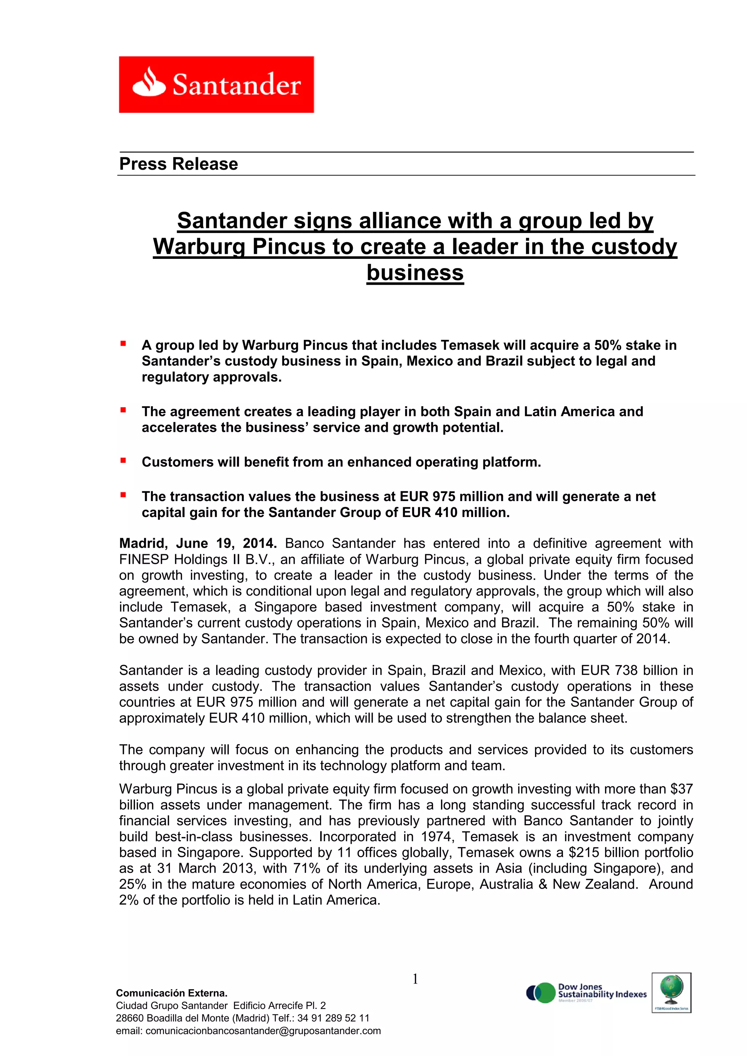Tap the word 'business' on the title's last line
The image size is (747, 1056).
(x=415, y=272)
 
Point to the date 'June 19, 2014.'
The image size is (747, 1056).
(x=226, y=543)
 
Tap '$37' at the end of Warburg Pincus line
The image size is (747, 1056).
(x=681, y=789)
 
